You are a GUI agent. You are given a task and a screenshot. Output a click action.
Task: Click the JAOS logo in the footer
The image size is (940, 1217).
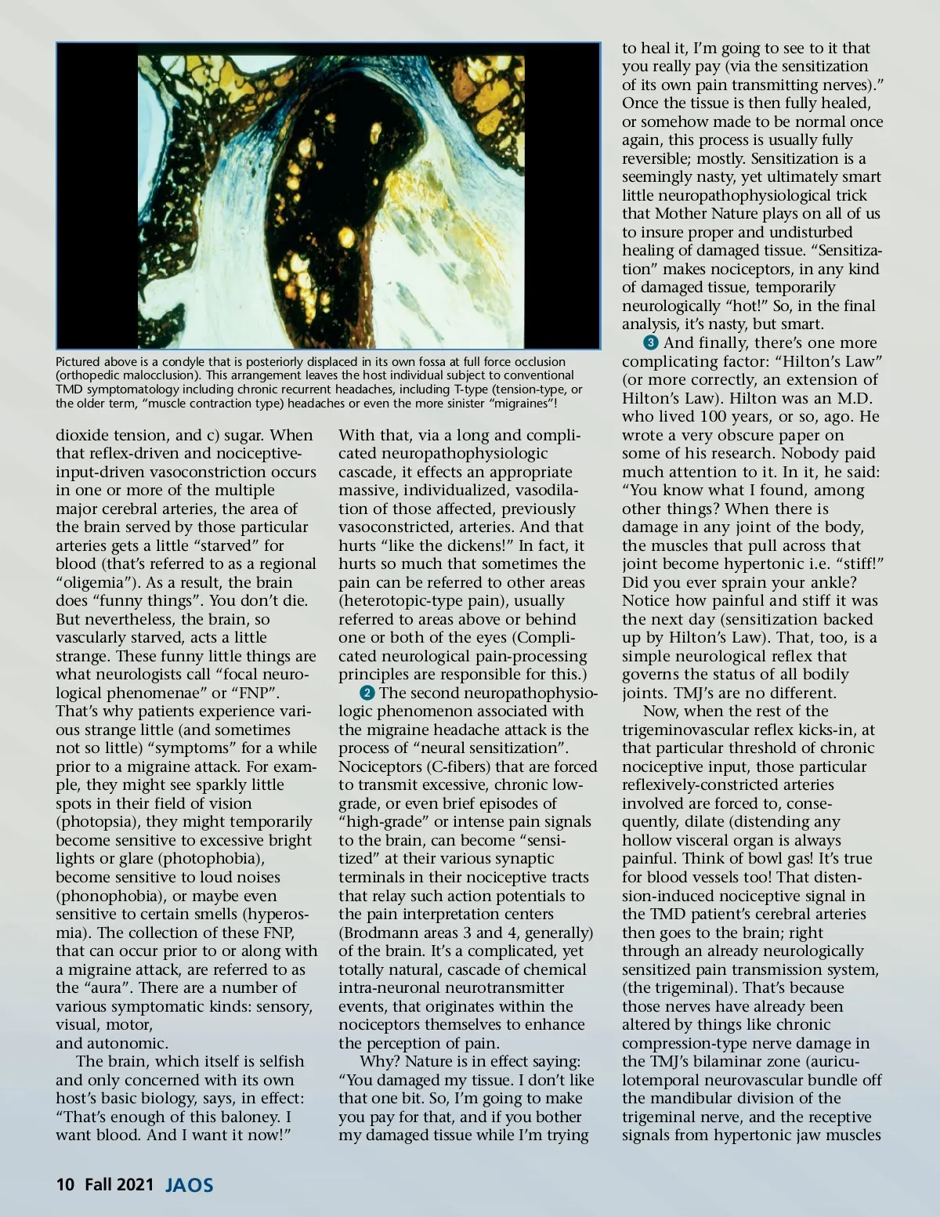(189, 1184)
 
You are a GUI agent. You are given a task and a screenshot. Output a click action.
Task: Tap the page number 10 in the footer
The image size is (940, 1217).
(65, 1184)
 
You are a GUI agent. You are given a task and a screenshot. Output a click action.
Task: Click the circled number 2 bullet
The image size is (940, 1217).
(367, 694)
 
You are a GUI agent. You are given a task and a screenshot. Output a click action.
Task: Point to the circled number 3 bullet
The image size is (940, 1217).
(650, 343)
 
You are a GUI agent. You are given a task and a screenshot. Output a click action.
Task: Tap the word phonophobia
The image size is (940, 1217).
(108, 896)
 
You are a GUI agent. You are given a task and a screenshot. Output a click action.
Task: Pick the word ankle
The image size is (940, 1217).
(830, 583)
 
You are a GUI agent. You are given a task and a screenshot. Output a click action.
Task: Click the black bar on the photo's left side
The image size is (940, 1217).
(96, 196)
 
